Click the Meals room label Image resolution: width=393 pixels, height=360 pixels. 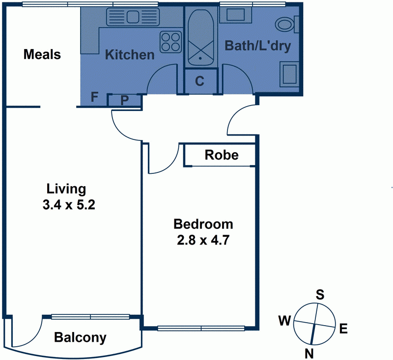(x=42, y=55)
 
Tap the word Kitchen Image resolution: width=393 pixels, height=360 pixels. (x=130, y=55)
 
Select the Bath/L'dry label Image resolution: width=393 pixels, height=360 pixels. (x=258, y=46)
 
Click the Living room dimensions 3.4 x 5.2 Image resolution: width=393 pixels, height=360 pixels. (x=69, y=205)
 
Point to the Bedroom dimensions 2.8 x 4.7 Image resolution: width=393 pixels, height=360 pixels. (x=203, y=240)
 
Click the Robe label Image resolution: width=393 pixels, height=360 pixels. (x=222, y=155)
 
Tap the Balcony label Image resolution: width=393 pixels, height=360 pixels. (x=80, y=337)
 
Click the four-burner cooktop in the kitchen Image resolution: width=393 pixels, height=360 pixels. (x=170, y=42)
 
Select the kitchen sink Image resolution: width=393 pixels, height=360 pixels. (x=133, y=17)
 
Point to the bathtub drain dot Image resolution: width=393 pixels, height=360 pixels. (x=200, y=58)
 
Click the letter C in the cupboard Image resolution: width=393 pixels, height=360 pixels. (x=200, y=81)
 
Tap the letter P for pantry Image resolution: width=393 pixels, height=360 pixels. (x=125, y=101)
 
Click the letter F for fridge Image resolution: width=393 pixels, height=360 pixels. (x=94, y=97)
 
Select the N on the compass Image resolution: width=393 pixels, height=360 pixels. (x=309, y=354)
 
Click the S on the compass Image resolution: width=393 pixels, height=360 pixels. (x=320, y=295)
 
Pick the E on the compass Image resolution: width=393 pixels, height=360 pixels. (x=343, y=329)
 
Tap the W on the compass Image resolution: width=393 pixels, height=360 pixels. (x=285, y=320)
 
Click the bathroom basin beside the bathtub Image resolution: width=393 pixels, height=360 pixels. (x=236, y=15)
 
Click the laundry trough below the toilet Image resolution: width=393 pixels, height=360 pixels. (x=289, y=74)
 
